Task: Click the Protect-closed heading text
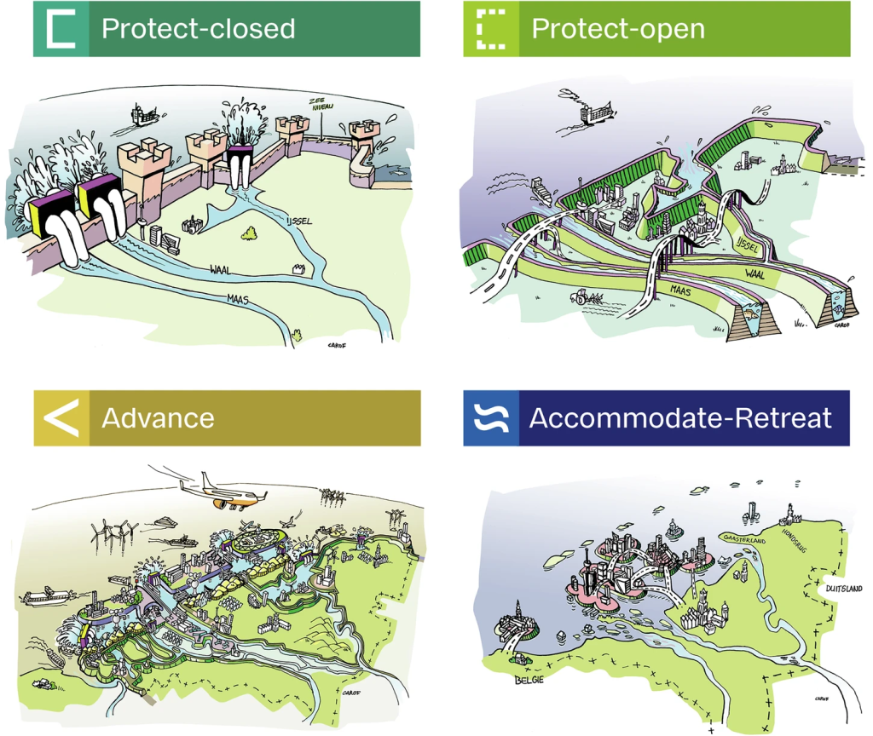pyautogui.click(x=198, y=28)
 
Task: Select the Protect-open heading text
pyautogui.click(x=617, y=28)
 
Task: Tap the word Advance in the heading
pyautogui.click(x=158, y=417)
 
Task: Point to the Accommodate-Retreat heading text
pyautogui.click(x=679, y=417)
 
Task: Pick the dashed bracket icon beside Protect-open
pyautogui.click(x=491, y=28)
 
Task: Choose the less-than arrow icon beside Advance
pyautogui.click(x=61, y=417)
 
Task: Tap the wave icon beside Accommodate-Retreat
pyautogui.click(x=491, y=417)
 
